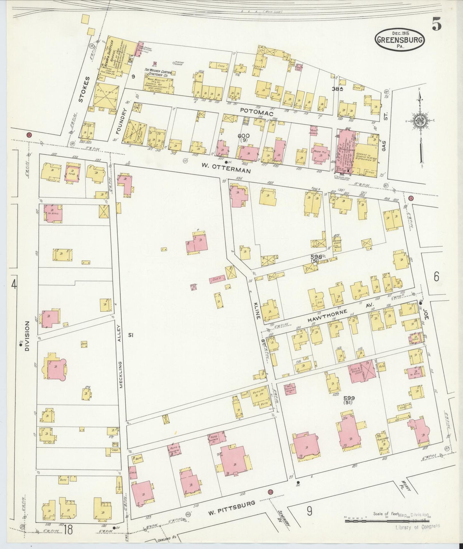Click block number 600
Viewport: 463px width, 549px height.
[x=244, y=136]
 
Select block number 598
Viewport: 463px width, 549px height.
[x=316, y=257]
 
